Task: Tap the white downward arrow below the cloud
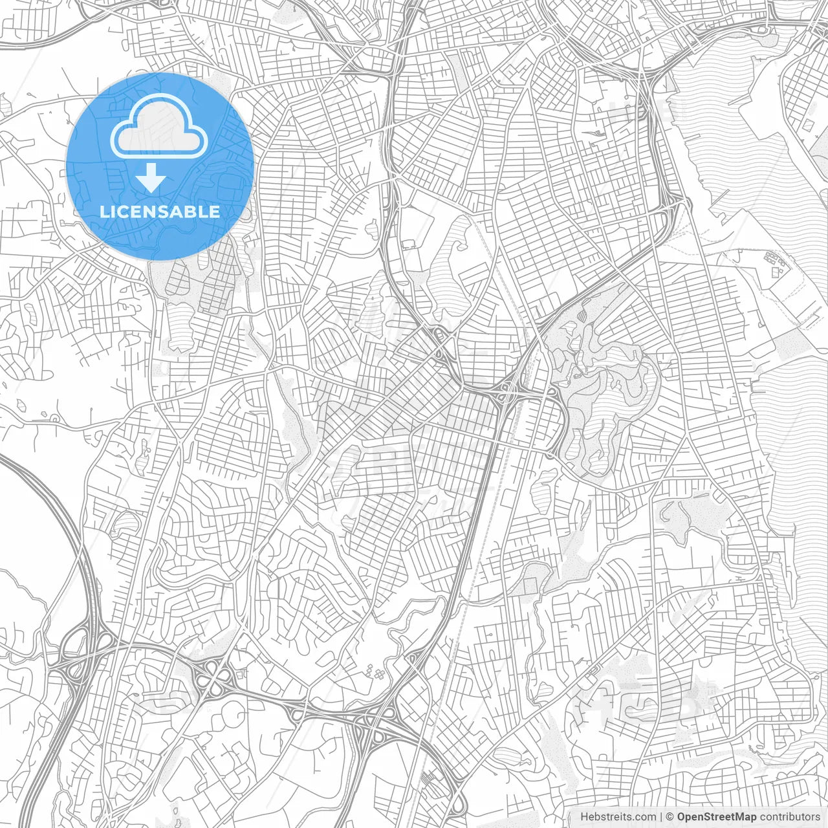pyautogui.click(x=151, y=177)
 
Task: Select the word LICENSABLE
pyautogui.click(x=160, y=212)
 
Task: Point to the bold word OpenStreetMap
pyautogui.click(x=716, y=817)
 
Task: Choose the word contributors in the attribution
pyautogui.click(x=790, y=817)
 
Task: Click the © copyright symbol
pyautogui.click(x=670, y=817)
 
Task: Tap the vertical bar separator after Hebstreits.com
pyautogui.click(x=660, y=817)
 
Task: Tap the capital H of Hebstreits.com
pyautogui.click(x=583, y=817)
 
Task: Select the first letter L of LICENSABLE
pyautogui.click(x=103, y=212)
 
